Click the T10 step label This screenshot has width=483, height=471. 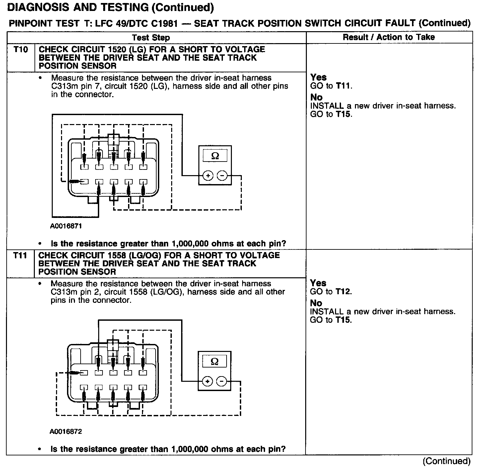point(21,50)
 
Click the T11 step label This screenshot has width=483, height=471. point(21,256)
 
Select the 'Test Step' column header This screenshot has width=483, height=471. point(151,37)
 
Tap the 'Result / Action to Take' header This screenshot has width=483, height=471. point(389,37)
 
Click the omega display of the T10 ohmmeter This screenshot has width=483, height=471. point(215,156)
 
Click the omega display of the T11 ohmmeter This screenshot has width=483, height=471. point(214,361)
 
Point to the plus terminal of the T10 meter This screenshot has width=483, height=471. point(208,175)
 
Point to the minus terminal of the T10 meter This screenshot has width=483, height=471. point(222,175)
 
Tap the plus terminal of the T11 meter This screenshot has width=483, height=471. point(207,381)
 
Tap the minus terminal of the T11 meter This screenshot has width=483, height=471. point(221,381)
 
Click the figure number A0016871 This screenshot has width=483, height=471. point(66,226)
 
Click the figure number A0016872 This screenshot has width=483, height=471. point(66,432)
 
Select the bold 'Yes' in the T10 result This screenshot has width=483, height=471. point(318,77)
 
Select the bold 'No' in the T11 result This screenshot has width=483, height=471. point(316,303)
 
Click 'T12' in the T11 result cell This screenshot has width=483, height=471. point(343,292)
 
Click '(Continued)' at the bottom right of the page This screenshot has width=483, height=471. point(447,461)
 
